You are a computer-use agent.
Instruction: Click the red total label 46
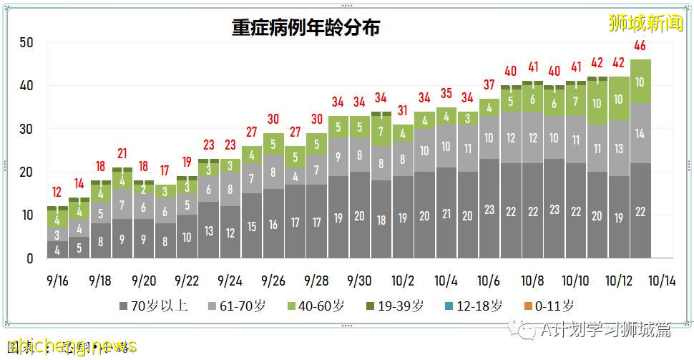640,46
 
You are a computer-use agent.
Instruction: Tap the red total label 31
403,111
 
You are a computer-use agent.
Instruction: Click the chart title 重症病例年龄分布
306,28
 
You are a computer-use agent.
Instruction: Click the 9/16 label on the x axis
58,281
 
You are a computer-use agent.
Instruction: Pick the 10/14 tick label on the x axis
661,281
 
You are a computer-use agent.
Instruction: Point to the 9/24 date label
230,281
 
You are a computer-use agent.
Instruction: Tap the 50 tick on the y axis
26,43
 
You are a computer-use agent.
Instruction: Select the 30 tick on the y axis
26,130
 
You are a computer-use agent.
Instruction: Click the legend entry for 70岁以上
154,306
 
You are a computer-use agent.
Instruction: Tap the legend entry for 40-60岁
316,306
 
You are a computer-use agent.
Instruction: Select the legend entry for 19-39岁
394,306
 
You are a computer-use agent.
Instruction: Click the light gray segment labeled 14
640,132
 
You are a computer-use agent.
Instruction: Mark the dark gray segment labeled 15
252,227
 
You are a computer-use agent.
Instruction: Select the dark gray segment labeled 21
446,214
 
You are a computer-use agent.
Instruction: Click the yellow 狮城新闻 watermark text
645,24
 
